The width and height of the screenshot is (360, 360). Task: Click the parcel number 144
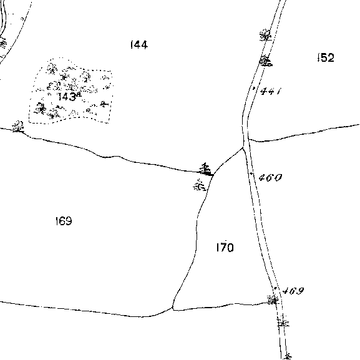pyautogui.click(x=139, y=45)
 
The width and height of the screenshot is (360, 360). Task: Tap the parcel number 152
pyautogui.click(x=326, y=57)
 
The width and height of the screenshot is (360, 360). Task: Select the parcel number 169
pyautogui.click(x=64, y=221)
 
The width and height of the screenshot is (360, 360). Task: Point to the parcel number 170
pyautogui.click(x=225, y=248)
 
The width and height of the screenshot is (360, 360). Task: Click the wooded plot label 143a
pyautogui.click(x=69, y=97)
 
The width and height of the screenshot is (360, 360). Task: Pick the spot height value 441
pyautogui.click(x=271, y=91)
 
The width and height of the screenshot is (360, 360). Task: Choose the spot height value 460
pyautogui.click(x=270, y=177)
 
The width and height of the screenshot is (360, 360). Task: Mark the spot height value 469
pyautogui.click(x=293, y=291)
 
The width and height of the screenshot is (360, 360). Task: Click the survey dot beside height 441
pyautogui.click(x=254, y=88)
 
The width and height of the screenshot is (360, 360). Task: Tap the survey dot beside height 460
pyautogui.click(x=251, y=173)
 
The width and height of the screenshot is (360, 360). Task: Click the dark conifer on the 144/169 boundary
pyautogui.click(x=206, y=169)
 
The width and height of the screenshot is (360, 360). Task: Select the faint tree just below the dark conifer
pyautogui.click(x=200, y=185)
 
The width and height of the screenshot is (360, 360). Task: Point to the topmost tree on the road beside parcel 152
pyautogui.click(x=265, y=36)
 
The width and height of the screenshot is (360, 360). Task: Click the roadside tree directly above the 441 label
pyautogui.click(x=266, y=61)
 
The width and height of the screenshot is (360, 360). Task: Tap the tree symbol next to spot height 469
pyautogui.click(x=273, y=299)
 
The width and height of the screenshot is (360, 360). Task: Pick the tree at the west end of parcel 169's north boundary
pyautogui.click(x=18, y=126)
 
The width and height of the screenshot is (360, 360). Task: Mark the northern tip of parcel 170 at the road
pyautogui.click(x=243, y=148)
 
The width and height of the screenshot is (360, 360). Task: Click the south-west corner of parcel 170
pyautogui.click(x=173, y=309)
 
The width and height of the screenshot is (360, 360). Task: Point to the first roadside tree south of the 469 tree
pyautogui.click(x=283, y=321)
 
